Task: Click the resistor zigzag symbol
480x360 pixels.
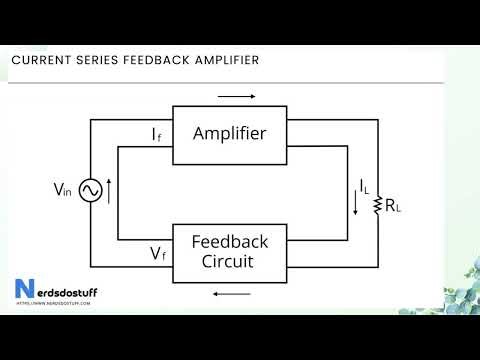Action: (378, 206)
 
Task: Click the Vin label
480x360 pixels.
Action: (61, 188)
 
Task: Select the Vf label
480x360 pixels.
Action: (158, 254)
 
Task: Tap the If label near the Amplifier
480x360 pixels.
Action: (157, 135)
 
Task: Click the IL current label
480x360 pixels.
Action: (365, 185)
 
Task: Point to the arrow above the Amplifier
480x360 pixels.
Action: (236, 97)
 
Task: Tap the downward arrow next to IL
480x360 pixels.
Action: (355, 206)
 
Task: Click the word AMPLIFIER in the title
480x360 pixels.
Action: (221, 60)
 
